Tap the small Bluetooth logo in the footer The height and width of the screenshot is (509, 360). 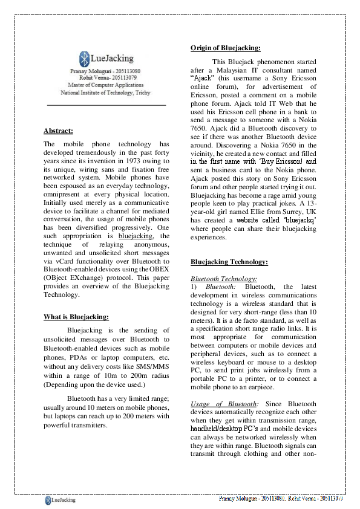(48, 500)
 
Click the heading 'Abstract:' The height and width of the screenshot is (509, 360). (58, 131)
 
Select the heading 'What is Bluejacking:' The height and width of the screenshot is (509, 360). (76, 316)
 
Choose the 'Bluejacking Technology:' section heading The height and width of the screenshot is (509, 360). (229, 262)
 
